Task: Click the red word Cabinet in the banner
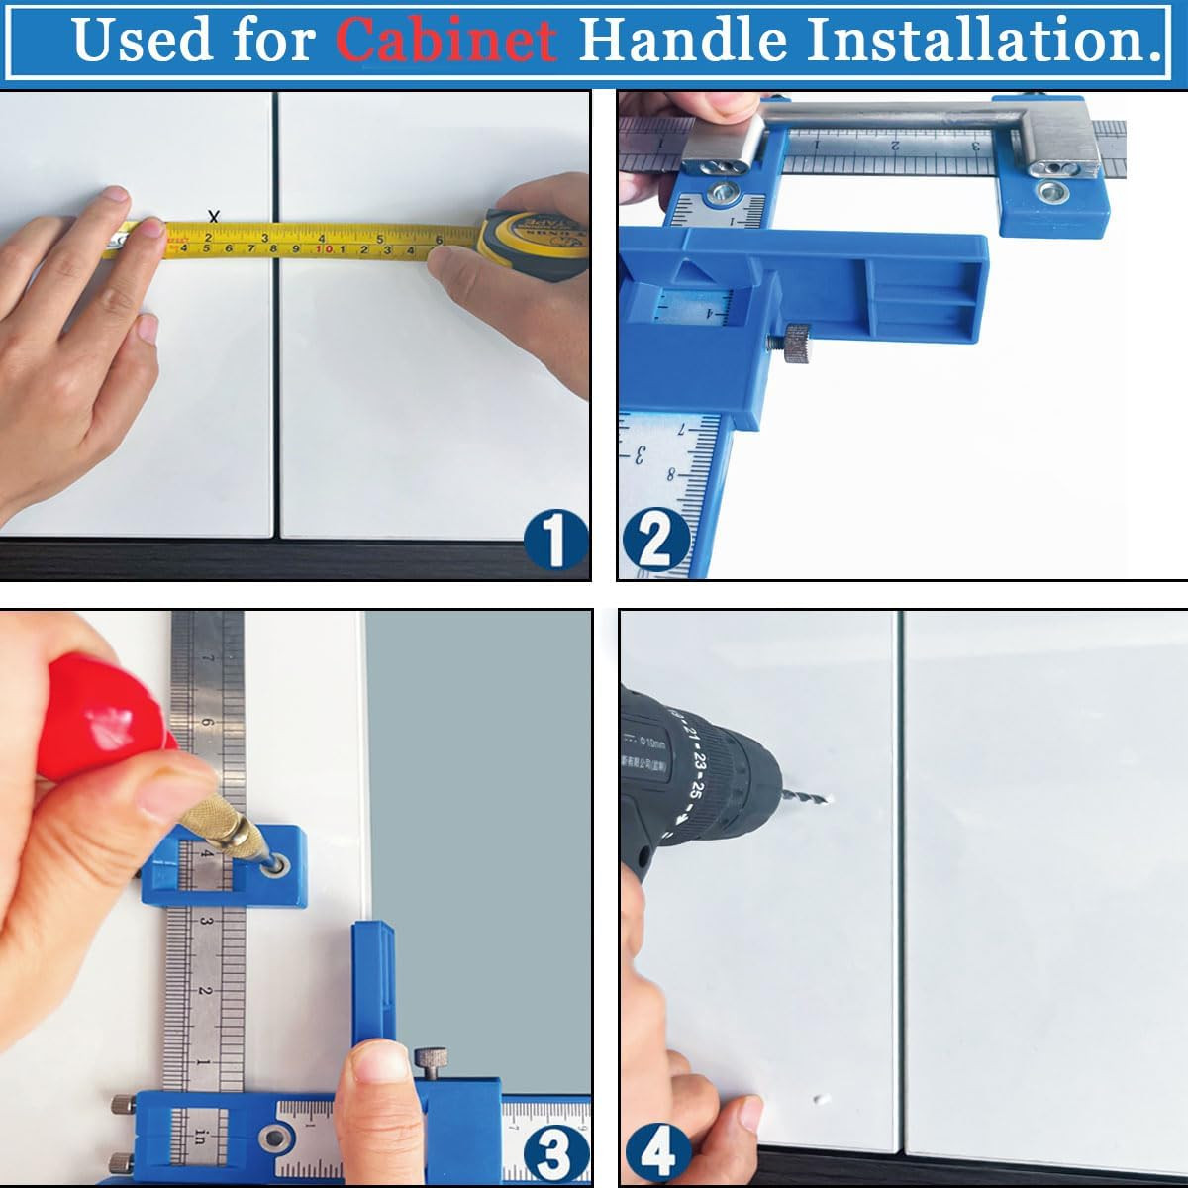[x=445, y=40]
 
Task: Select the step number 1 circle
[x=555, y=542]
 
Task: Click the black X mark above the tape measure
[x=213, y=216]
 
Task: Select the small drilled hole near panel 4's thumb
[x=820, y=1099]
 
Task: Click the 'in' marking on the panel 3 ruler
[x=200, y=1137]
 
